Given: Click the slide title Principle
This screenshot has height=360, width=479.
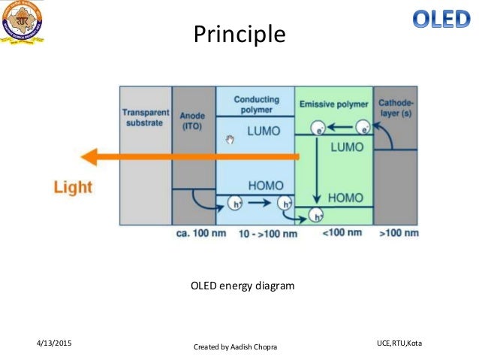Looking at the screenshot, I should (x=239, y=34).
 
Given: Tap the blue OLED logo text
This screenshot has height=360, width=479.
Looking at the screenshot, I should (x=441, y=19).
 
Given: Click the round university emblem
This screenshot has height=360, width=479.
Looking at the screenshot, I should (x=23, y=23).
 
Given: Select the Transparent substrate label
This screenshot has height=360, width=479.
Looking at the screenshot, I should (x=145, y=118).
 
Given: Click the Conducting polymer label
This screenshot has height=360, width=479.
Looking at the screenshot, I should (x=257, y=105).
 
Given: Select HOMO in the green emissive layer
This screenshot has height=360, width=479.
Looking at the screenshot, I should (x=345, y=198).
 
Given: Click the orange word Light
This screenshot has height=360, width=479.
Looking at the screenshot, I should (x=73, y=187).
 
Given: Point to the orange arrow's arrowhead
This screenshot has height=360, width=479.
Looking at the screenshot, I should (x=91, y=157).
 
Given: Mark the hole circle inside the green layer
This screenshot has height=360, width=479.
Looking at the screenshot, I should (x=318, y=216).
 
